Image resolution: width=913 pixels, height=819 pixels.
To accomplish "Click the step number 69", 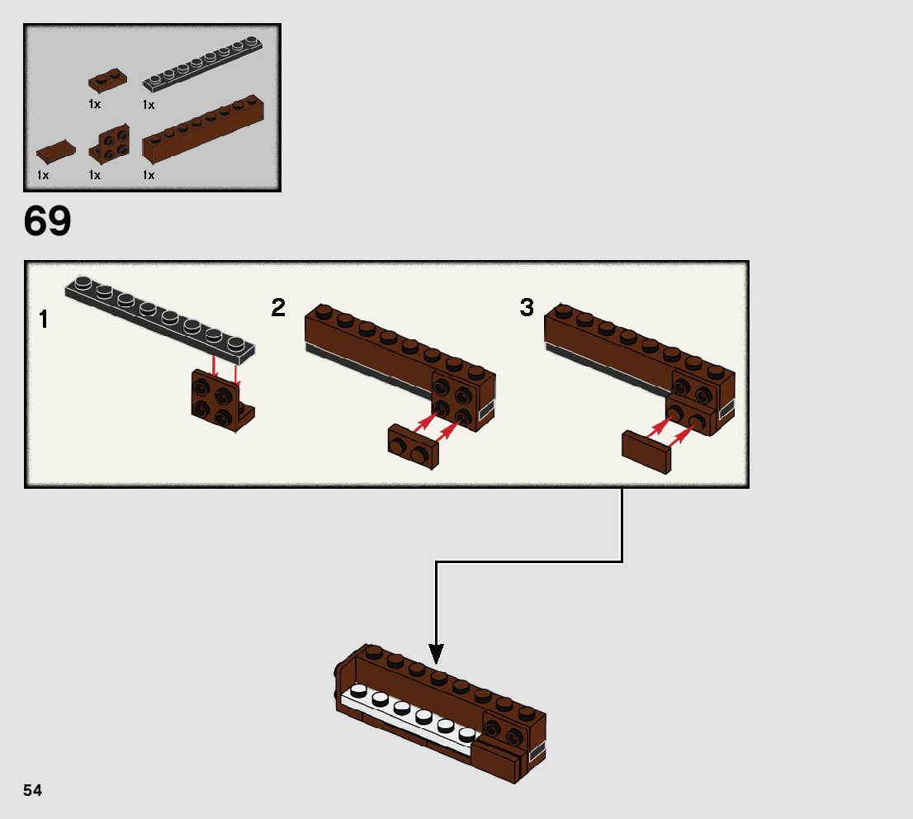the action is coord(47,220).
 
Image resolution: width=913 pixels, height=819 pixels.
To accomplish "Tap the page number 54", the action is coord(33,790).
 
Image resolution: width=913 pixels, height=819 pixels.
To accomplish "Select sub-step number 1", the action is coord(43,320).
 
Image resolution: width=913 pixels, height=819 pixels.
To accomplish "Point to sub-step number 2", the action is coord(278,308).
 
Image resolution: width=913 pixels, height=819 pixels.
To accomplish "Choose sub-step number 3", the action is coord(527,308).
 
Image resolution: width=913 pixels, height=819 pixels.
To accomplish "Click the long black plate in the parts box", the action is coord(202,64).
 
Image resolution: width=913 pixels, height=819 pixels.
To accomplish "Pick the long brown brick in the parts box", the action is coord(202,129).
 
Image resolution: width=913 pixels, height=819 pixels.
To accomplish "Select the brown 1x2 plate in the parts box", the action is coord(107,80).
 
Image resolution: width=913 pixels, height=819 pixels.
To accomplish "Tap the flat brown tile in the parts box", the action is coord(56,151).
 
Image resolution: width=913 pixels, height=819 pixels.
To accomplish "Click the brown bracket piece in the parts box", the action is coord(110,144).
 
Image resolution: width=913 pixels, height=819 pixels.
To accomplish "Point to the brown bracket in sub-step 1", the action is coord(222,400).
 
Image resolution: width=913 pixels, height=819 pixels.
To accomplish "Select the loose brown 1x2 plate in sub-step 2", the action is coord(414,446).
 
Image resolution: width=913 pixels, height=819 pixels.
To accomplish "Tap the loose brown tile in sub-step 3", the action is coord(646,452).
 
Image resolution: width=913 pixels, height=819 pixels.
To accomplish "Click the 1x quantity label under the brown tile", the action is coord(43,175).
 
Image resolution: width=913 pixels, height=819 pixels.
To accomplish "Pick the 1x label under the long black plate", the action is coord(149,105).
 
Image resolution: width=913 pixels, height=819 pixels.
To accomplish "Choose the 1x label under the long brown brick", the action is coord(149,175).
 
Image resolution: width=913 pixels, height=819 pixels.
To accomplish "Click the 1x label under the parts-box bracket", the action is coord(94,175).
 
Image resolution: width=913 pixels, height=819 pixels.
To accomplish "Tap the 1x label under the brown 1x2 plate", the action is coord(94,104).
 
